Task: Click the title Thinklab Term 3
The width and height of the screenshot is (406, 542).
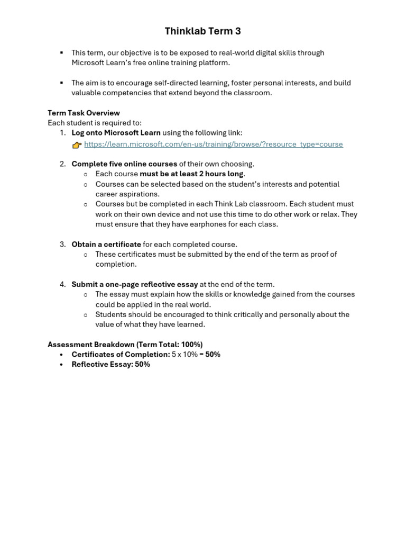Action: coord(202,31)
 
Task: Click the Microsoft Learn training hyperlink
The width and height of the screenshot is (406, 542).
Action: coord(213,144)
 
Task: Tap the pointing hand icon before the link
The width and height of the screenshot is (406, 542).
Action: coord(77,145)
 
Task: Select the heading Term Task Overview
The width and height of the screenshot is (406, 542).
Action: coord(84,113)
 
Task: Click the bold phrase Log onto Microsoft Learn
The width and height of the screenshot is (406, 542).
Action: coord(116,132)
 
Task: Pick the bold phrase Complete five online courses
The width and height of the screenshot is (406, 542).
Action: coord(124,164)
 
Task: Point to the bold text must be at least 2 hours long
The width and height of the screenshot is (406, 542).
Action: coord(191,174)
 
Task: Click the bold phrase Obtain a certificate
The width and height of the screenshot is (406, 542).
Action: coord(106,245)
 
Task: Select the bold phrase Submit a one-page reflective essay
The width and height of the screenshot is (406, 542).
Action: coord(135,284)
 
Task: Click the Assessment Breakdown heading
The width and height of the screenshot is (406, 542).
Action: coord(125,345)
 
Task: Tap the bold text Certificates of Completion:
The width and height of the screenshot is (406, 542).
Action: coord(121,354)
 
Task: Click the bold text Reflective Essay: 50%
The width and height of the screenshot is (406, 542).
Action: coord(110,364)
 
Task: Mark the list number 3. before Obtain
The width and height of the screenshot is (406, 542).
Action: coord(62,245)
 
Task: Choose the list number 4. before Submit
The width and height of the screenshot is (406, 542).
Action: coord(62,284)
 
